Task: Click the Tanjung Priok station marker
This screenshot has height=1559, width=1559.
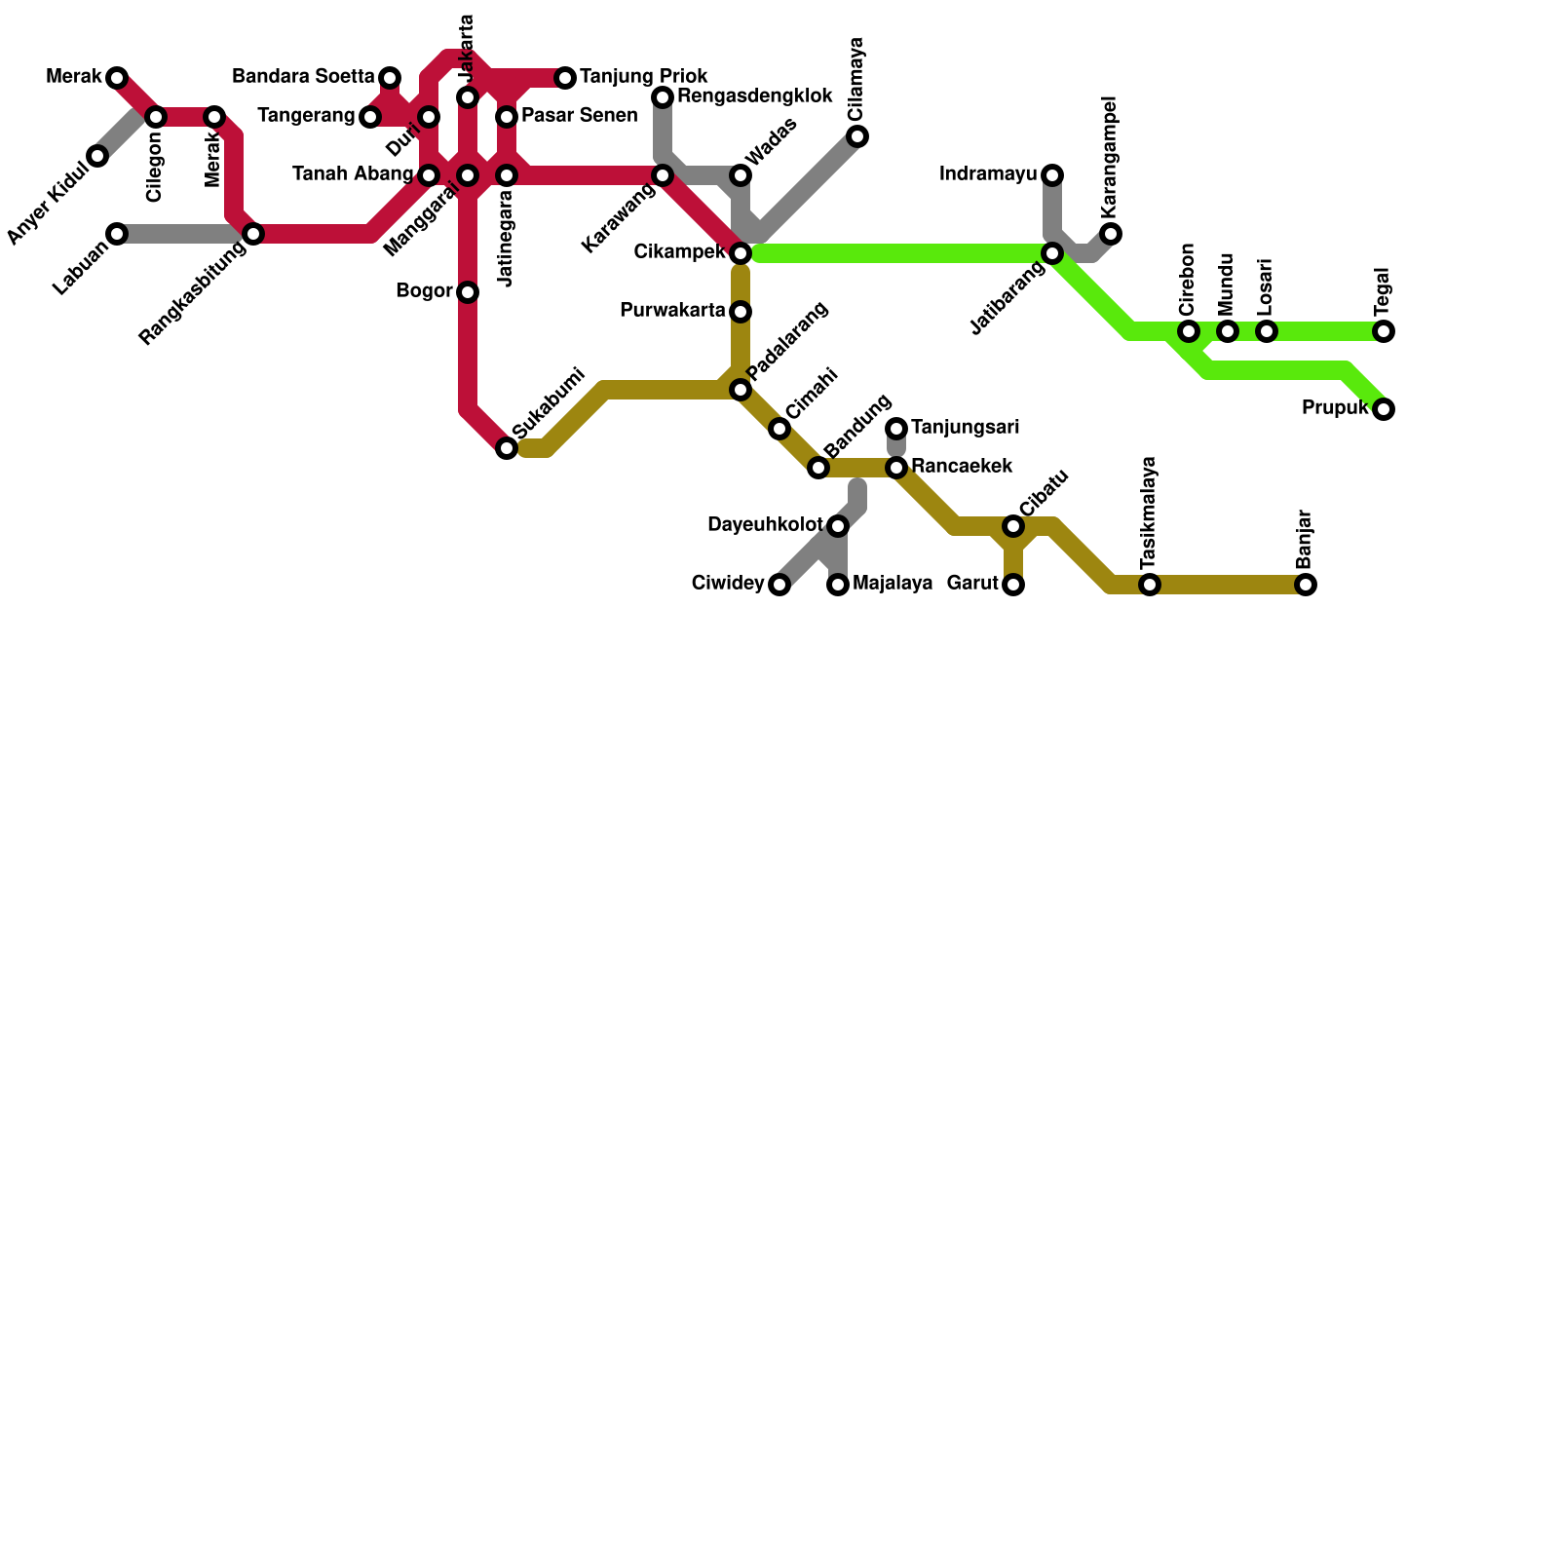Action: pyautogui.click(x=565, y=78)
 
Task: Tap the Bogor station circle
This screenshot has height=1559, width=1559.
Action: pyautogui.click(x=468, y=292)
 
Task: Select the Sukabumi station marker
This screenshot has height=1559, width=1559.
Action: pyautogui.click(x=507, y=448)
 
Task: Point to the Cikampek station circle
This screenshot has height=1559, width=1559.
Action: pyautogui.click(x=741, y=253)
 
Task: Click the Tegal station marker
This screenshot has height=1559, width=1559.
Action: pyautogui.click(x=1384, y=331)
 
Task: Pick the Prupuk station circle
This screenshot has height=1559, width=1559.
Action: pyautogui.click(x=1384, y=409)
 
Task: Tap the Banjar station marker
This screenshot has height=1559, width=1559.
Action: pyautogui.click(x=1306, y=585)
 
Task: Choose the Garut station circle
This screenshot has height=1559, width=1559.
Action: pyautogui.click(x=1013, y=585)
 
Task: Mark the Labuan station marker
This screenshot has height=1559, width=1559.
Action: pyautogui.click(x=117, y=234)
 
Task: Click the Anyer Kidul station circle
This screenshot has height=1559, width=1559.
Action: pyautogui.click(x=97, y=156)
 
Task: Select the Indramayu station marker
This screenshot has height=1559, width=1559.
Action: pyautogui.click(x=1052, y=175)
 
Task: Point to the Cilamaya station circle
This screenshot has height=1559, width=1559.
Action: pyautogui.click(x=857, y=136)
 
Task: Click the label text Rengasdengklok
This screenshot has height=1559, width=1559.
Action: pyautogui.click(x=754, y=96)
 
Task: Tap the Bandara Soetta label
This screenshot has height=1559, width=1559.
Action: pyautogui.click(x=303, y=76)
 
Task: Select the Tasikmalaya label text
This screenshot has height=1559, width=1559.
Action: pyautogui.click(x=1150, y=513)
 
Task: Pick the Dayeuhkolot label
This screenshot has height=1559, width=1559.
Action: pyautogui.click(x=765, y=525)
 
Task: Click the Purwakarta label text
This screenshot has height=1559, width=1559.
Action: pyautogui.click(x=672, y=311)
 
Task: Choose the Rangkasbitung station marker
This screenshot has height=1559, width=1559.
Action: pyautogui.click(x=253, y=234)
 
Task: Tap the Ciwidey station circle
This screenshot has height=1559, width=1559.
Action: pyautogui.click(x=779, y=585)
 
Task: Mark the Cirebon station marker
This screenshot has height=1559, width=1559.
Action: pyautogui.click(x=1189, y=331)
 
